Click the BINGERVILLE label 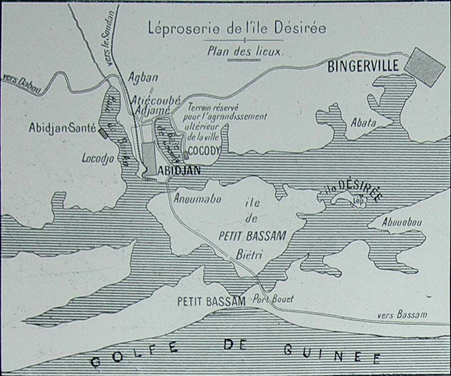(x=364, y=66)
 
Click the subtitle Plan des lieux (x=245, y=50)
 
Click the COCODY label (x=201, y=151)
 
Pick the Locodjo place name (x=96, y=159)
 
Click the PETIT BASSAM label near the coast (x=211, y=301)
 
